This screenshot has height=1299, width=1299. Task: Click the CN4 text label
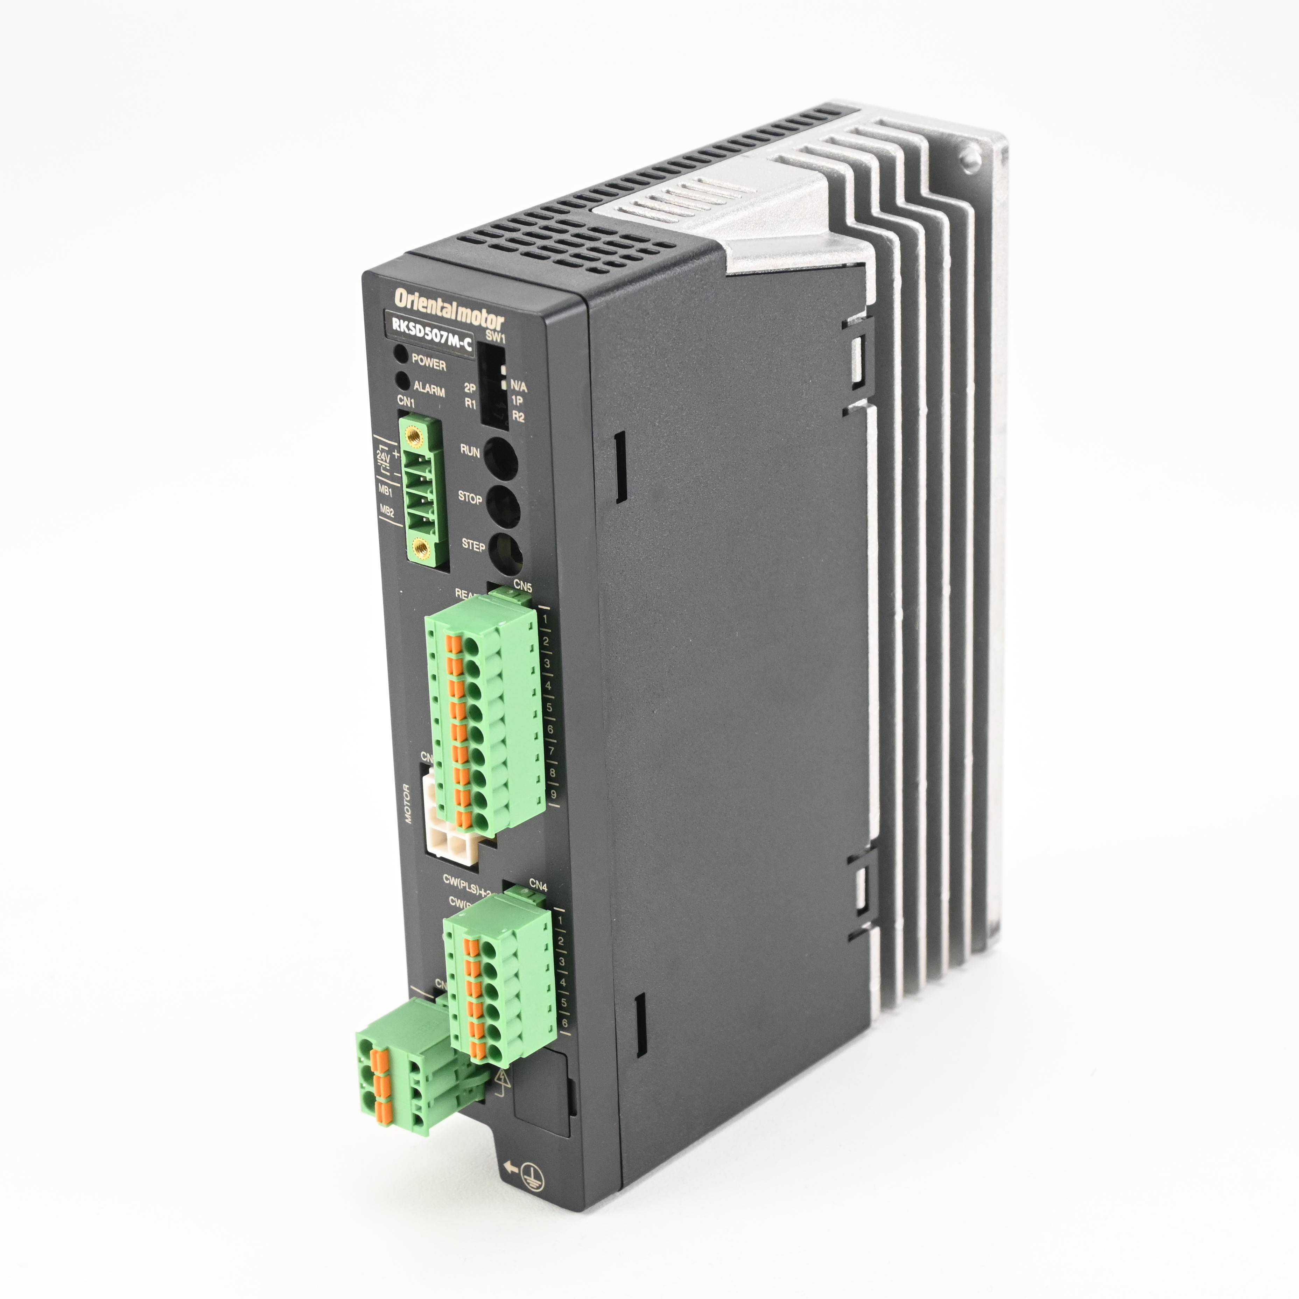538,886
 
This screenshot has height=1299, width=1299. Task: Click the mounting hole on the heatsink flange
970,158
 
